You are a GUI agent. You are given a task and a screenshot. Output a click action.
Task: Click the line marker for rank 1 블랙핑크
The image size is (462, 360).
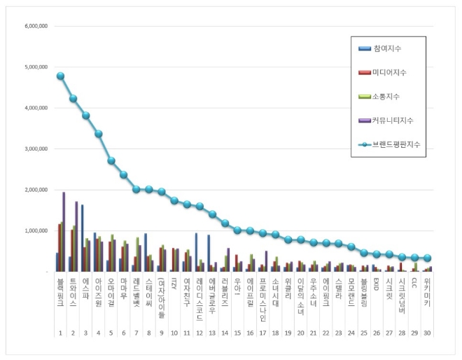click(x=61, y=76)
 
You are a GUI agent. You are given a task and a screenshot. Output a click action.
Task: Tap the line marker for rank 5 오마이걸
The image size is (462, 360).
click(x=111, y=160)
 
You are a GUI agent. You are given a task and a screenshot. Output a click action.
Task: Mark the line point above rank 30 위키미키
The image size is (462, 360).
click(x=428, y=258)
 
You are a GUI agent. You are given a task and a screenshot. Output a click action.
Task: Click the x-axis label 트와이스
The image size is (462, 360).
click(x=73, y=288)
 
